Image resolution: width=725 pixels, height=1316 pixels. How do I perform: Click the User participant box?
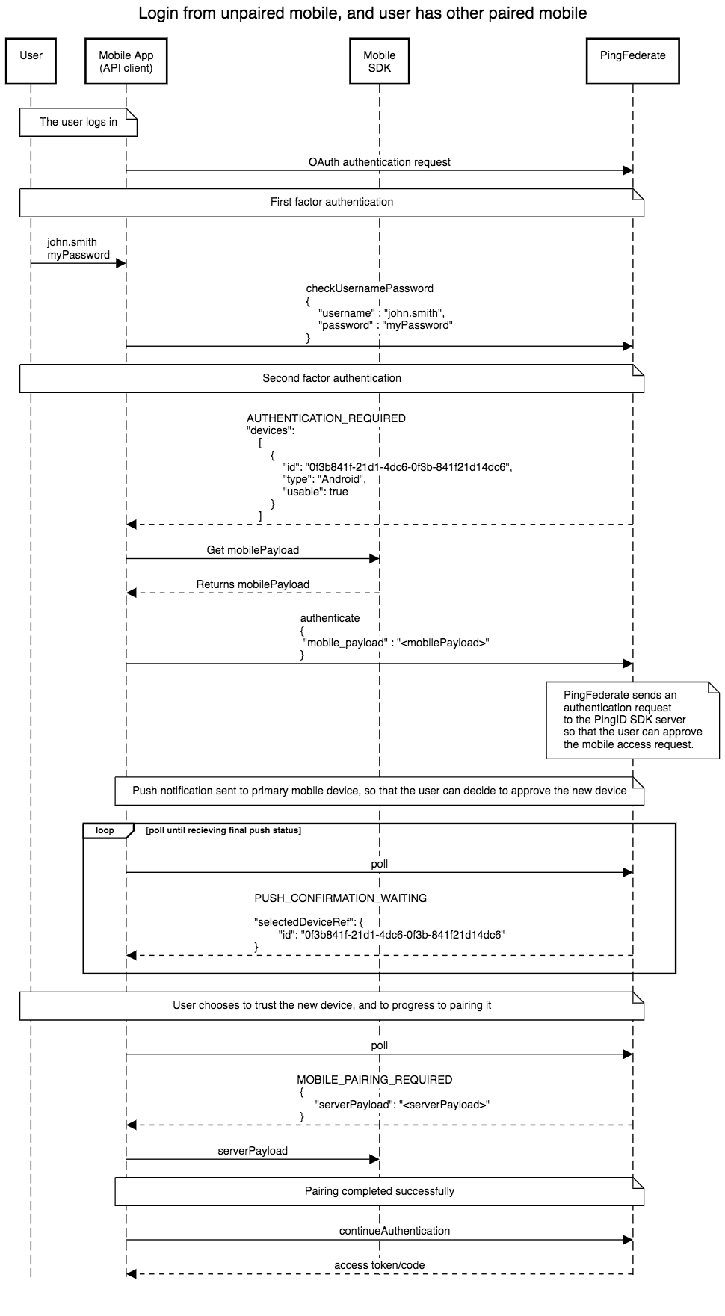(31, 61)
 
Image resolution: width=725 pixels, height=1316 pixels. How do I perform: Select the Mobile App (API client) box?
(126, 61)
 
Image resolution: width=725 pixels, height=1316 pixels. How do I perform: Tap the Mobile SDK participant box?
(379, 61)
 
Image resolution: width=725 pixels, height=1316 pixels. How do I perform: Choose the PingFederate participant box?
(632, 61)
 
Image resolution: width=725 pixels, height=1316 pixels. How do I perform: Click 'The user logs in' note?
(78, 122)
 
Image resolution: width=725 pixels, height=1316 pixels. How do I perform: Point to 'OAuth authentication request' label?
(379, 162)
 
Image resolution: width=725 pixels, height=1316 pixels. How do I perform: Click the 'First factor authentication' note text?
(332, 202)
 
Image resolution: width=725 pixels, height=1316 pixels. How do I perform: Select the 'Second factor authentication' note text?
(332, 378)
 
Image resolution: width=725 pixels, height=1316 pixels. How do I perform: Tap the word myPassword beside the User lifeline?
(78, 255)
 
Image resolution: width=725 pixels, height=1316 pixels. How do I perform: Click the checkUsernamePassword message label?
(369, 288)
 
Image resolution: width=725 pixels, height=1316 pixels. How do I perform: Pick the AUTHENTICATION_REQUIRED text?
(326, 418)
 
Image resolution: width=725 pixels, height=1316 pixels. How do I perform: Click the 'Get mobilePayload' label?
(253, 550)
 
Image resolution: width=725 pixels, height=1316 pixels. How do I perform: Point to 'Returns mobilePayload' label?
(253, 584)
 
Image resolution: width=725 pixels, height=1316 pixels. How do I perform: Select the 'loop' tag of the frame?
(105, 830)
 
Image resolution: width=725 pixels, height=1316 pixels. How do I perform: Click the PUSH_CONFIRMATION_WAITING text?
(340, 898)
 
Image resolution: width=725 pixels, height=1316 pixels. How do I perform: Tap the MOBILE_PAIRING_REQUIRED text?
(374, 1080)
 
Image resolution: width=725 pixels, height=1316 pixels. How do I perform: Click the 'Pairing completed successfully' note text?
(379, 1191)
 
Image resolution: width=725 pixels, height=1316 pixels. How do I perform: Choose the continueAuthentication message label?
(394, 1231)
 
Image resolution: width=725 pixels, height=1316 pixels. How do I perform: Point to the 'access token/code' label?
(379, 1265)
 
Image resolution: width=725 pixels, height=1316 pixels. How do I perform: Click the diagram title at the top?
(362, 13)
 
